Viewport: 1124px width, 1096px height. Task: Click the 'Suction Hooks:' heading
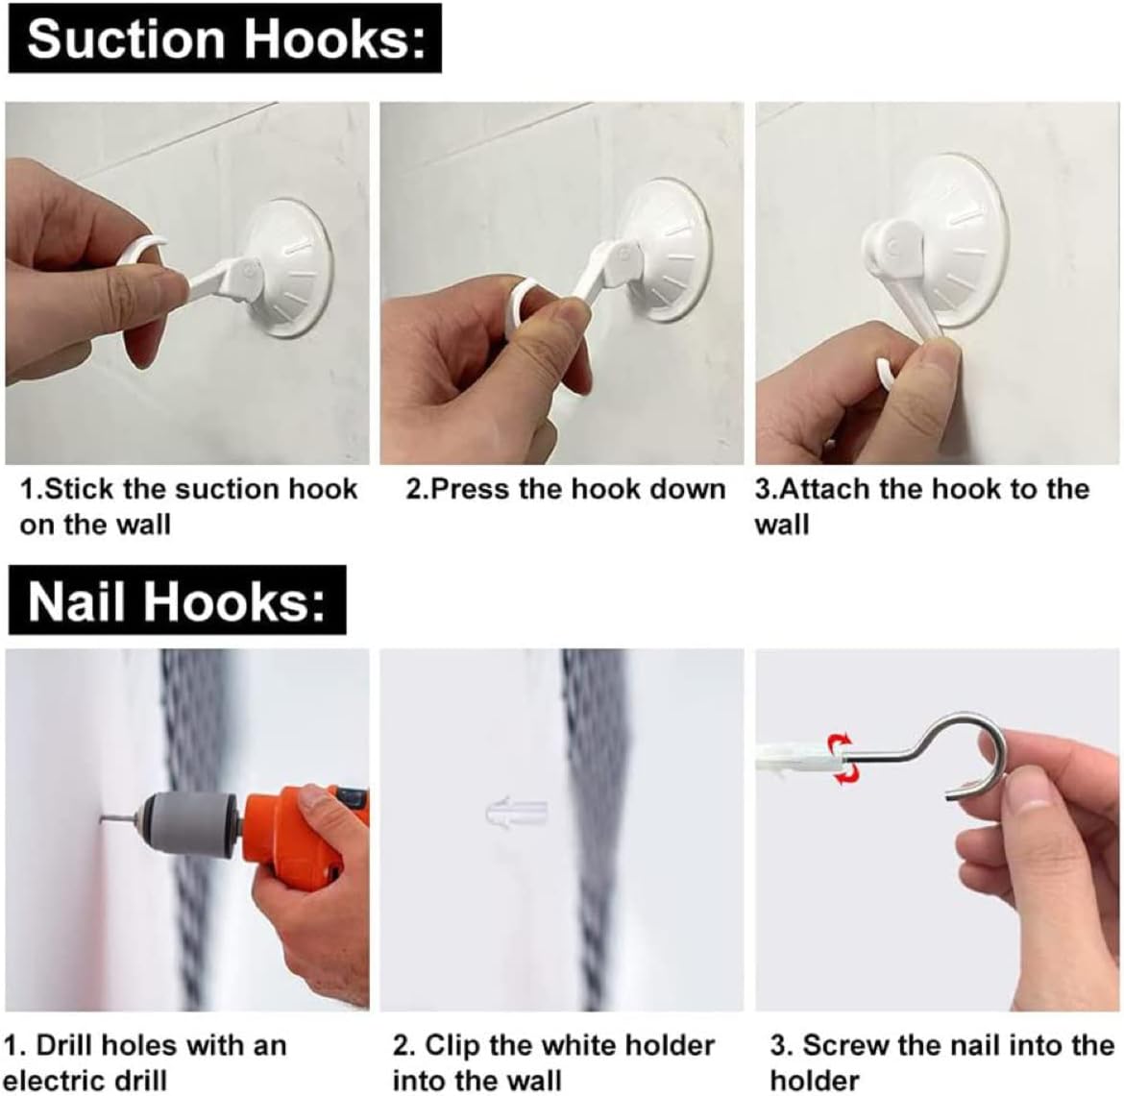pos(225,38)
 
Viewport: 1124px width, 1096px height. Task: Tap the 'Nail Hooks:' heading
pos(177,600)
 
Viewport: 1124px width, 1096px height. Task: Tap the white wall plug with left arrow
pos(517,815)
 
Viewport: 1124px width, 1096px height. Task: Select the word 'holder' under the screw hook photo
pos(815,1081)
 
